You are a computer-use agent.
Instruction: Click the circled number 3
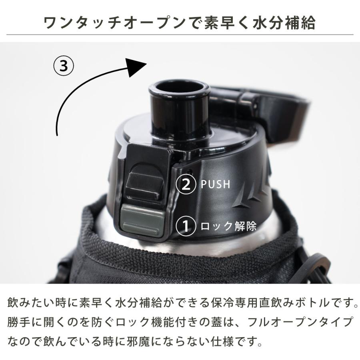(64, 66)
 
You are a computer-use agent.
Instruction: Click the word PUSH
(216, 184)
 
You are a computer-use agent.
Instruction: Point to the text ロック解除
(228, 226)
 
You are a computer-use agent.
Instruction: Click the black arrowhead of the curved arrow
(135, 66)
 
